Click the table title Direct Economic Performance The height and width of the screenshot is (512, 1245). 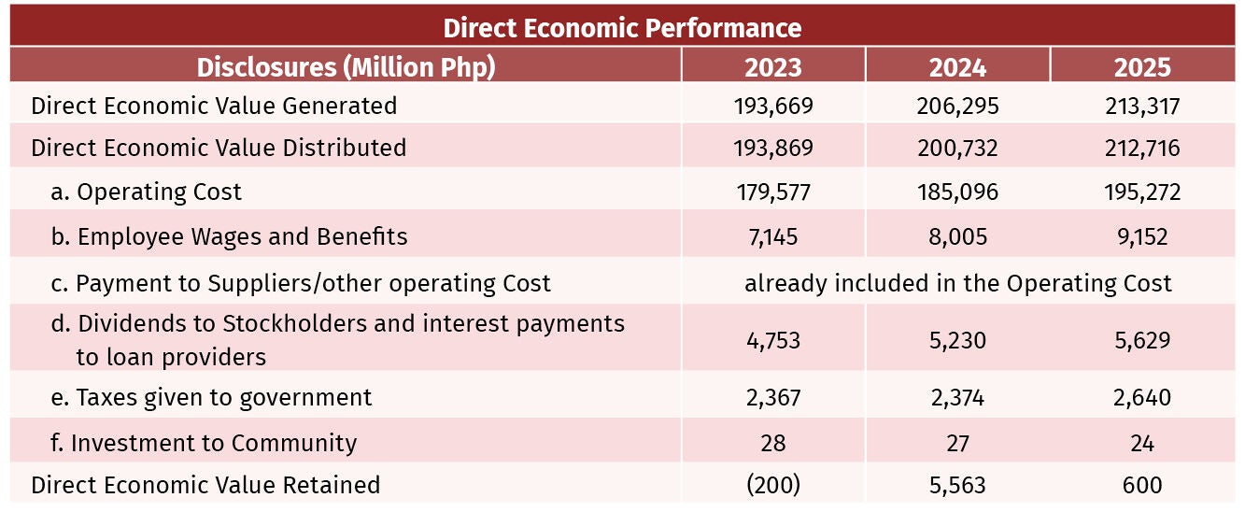coord(622,28)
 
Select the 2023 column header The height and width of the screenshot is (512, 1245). coord(773,67)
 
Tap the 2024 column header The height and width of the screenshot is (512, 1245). coord(957,67)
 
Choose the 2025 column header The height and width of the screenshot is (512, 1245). coord(1142,67)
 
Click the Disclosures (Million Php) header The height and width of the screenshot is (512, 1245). coord(346,67)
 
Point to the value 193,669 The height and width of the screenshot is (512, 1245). coord(773,107)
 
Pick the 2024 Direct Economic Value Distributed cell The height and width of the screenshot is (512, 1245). coord(957,149)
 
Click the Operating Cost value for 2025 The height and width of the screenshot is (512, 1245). coord(1142,192)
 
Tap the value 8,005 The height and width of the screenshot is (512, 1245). coord(957,237)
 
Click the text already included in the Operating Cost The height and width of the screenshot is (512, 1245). coord(957,283)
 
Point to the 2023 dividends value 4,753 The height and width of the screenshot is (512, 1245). coord(773,340)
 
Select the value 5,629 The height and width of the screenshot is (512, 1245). coord(1142,340)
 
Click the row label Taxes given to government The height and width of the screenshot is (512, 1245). coord(211,398)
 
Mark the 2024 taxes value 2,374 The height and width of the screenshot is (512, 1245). coord(957,398)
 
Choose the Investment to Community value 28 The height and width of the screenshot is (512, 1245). coord(773,444)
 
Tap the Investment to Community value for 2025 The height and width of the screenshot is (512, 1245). coord(1142,444)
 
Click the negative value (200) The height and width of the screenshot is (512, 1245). coord(773,485)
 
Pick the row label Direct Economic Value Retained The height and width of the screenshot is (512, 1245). coord(205,485)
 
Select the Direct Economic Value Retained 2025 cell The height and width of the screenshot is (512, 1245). coord(1142,485)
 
